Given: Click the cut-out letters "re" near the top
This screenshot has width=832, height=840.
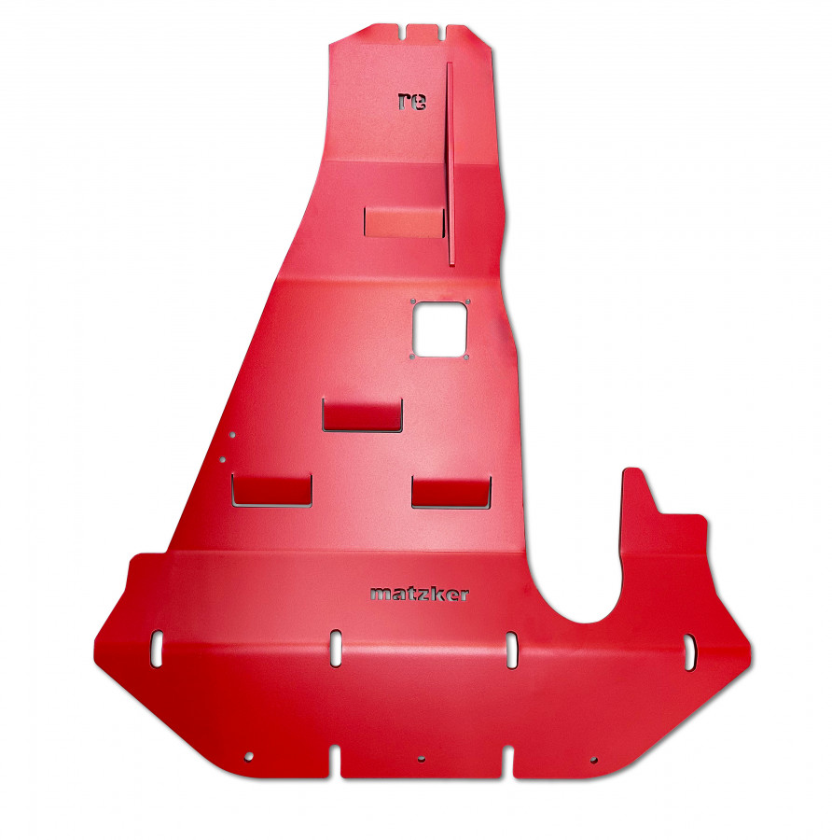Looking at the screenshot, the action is (411, 101).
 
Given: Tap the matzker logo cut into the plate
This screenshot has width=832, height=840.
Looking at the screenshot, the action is (419, 594).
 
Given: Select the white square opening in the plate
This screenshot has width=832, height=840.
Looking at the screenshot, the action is (439, 329).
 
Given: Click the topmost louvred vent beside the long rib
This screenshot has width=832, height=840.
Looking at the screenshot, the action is (404, 222).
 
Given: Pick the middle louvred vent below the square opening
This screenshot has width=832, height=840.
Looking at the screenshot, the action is (362, 414).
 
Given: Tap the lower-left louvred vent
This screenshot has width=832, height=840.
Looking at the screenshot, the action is (271, 490).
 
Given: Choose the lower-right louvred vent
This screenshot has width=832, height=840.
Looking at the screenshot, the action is (451, 492).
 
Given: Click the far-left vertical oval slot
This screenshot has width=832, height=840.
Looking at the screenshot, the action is (157, 649).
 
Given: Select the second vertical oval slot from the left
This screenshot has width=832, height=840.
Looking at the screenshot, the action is (336, 649).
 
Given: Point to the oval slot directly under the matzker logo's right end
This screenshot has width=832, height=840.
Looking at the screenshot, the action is (512, 650).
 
